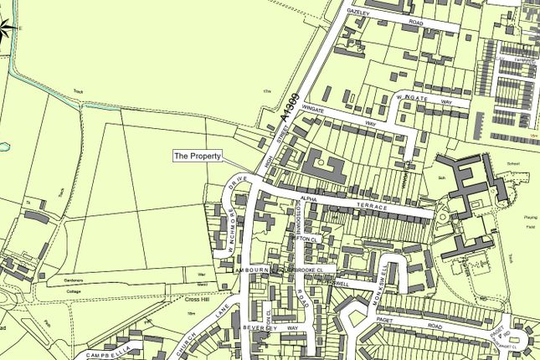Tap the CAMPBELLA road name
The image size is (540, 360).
106,352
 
